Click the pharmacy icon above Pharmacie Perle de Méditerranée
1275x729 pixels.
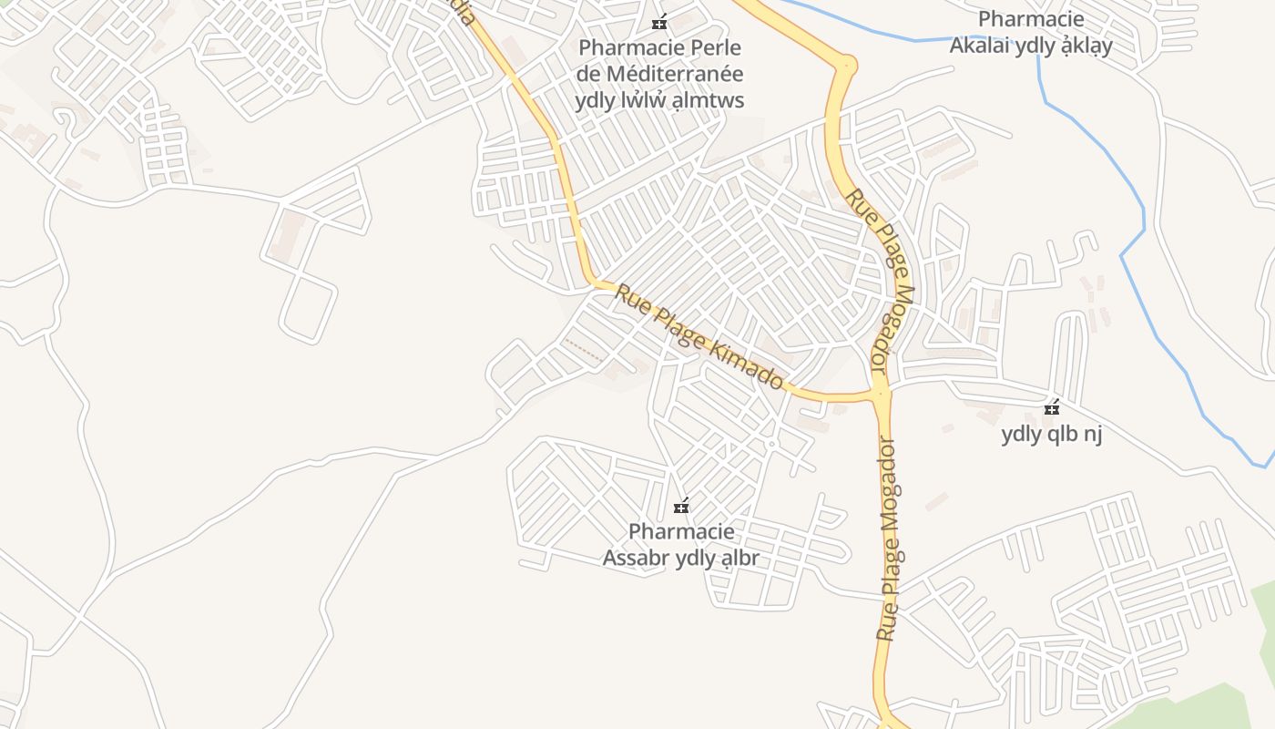pyautogui.click(x=659, y=22)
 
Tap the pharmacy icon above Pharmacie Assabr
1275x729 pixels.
pyautogui.click(x=680, y=506)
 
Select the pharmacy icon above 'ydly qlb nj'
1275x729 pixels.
pyautogui.click(x=1052, y=408)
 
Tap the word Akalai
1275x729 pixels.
pyautogui.click(x=980, y=46)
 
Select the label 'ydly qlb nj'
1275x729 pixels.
pyautogui.click(x=1052, y=434)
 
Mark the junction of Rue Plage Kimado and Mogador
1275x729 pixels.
pyautogui.click(x=880, y=395)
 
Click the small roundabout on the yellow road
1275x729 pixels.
pyautogui.click(x=847, y=64)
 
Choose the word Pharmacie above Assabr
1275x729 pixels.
pyautogui.click(x=681, y=531)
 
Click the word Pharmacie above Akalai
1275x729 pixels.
pyautogui.click(x=1031, y=19)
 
